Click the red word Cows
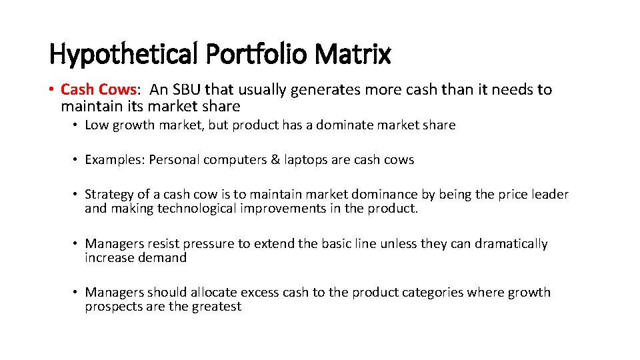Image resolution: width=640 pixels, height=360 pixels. pos(118,89)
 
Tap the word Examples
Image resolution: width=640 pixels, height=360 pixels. pos(114,160)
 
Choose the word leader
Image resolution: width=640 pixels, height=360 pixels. pos(549,195)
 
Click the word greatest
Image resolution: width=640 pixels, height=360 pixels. pos(215,307)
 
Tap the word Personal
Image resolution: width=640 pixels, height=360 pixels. pos(173,160)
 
